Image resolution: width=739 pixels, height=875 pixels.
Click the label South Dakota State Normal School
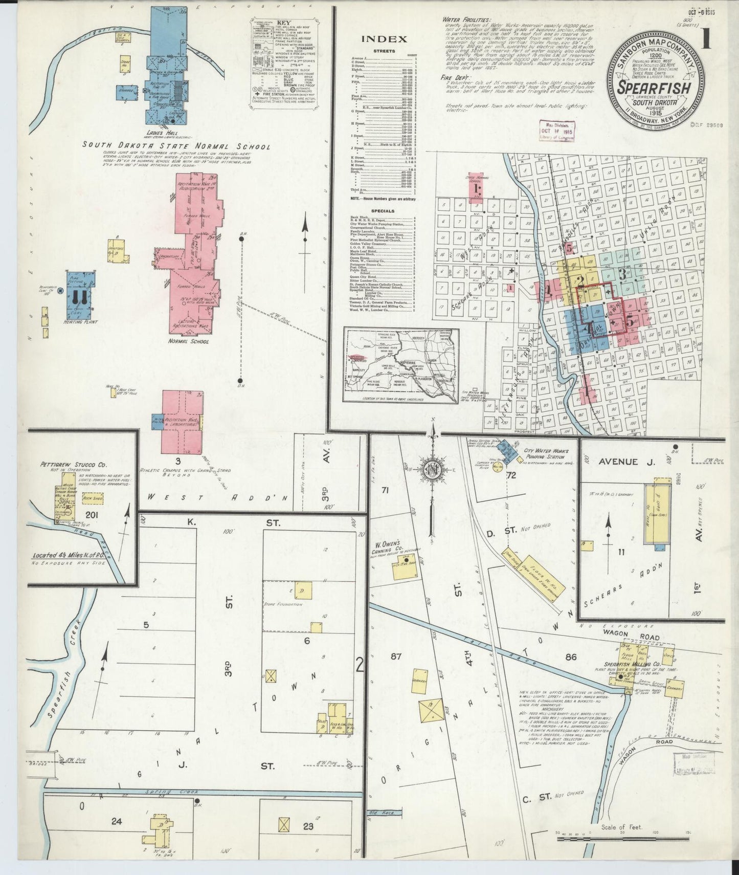pyautogui.click(x=176, y=146)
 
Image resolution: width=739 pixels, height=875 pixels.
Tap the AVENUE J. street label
pyautogui.click(x=621, y=462)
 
